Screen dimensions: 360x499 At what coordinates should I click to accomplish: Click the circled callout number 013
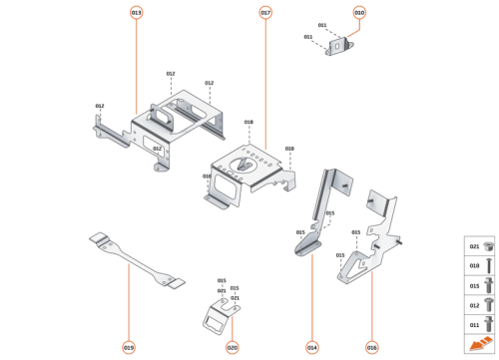pyautogui.click(x=136, y=12)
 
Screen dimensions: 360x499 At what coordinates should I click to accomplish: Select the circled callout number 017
pyautogui.click(x=265, y=12)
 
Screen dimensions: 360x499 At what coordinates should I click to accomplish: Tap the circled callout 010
pyautogui.click(x=359, y=12)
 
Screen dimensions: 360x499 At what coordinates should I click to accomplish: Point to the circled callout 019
pyautogui.click(x=129, y=347)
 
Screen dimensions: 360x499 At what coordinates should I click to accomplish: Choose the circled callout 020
pyautogui.click(x=233, y=347)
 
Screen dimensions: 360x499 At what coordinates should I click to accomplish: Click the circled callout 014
pyautogui.click(x=312, y=347)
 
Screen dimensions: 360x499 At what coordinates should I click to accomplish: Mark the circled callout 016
pyautogui.click(x=371, y=347)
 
